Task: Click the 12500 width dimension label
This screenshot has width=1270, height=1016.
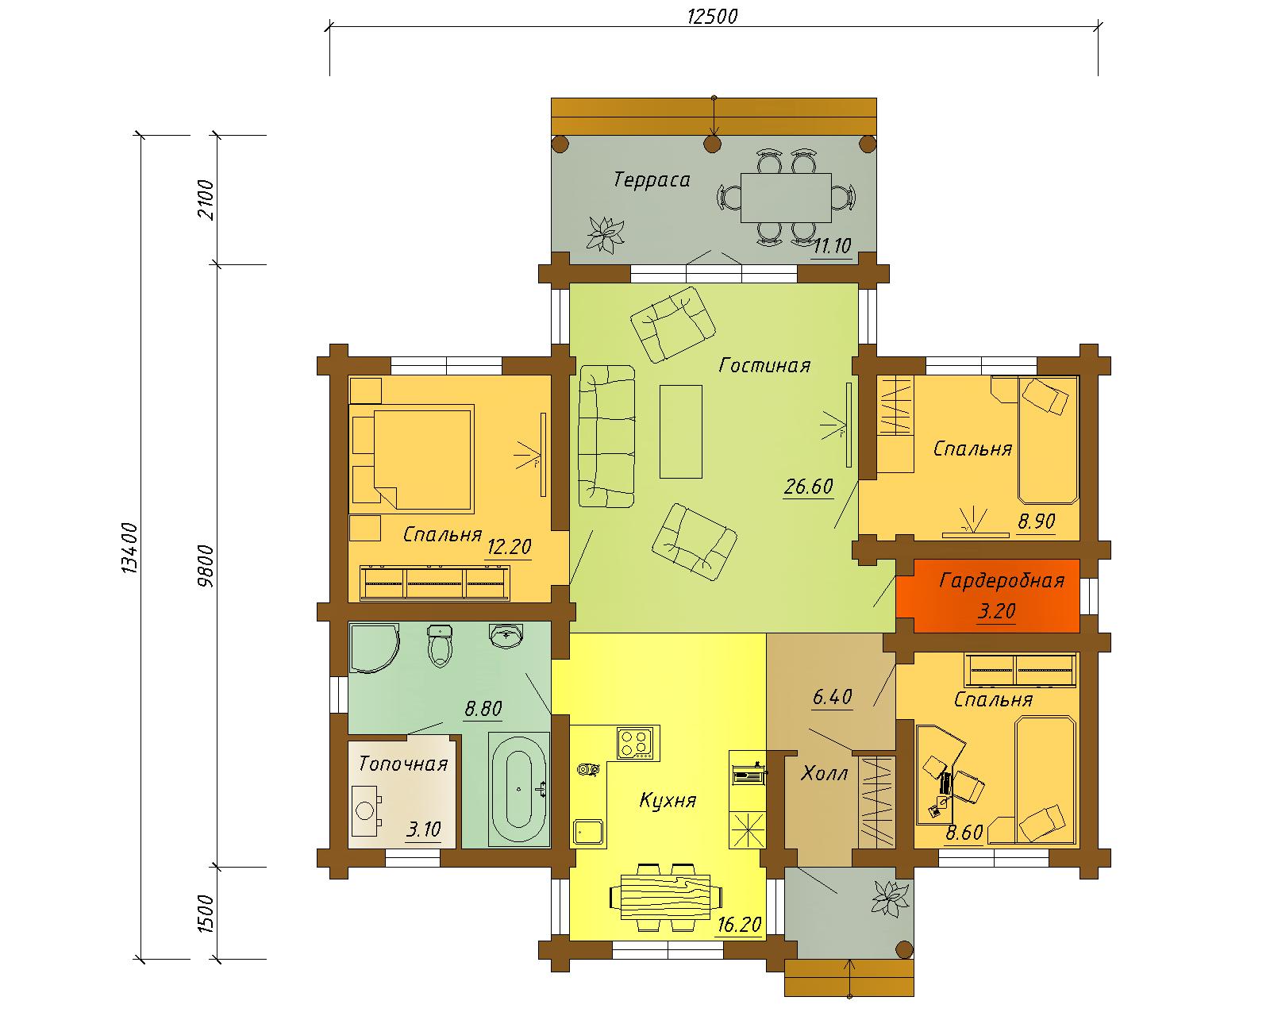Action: click(712, 16)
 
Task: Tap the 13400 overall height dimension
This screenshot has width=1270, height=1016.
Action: click(129, 548)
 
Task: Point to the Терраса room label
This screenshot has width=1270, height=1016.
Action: click(652, 179)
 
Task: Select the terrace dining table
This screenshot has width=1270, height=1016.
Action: click(786, 198)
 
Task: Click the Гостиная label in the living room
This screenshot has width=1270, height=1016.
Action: click(764, 365)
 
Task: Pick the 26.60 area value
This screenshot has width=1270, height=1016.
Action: click(809, 487)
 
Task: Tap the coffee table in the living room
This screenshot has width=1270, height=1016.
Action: click(681, 432)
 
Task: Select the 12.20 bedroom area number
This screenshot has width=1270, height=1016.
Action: click(509, 547)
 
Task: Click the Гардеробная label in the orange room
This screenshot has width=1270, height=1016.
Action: click(1002, 581)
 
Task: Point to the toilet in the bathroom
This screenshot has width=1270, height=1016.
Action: click(440, 646)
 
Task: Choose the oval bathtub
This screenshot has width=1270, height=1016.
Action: click(519, 789)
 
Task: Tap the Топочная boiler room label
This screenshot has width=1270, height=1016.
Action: click(403, 764)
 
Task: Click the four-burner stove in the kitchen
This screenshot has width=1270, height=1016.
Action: click(638, 743)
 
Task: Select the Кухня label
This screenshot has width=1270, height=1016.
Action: click(668, 801)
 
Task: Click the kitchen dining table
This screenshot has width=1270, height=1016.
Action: click(666, 898)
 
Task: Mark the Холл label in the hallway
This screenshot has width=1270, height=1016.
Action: click(824, 773)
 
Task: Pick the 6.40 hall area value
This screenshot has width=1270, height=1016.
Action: click(832, 697)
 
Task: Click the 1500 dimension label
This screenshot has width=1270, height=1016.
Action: click(205, 914)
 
